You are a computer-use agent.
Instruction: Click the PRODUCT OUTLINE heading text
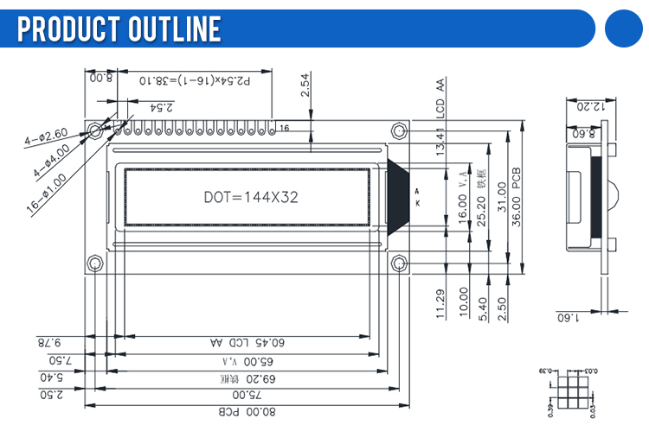pos(119,29)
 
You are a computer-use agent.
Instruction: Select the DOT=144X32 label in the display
pos(251,197)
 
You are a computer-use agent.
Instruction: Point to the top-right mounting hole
pos(399,131)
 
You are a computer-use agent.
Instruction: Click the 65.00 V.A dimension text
pos(247,360)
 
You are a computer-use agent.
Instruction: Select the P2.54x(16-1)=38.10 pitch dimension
pos(195,80)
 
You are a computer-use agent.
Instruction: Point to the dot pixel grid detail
pos(572,393)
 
